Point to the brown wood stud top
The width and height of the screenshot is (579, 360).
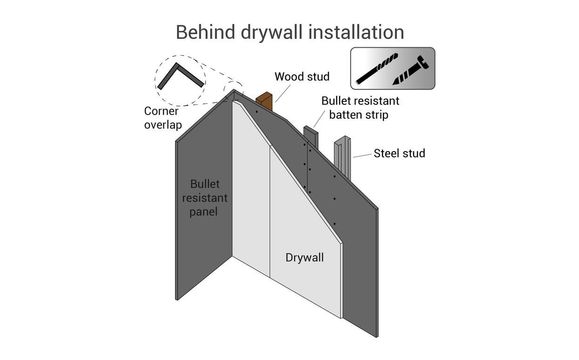click(265, 99)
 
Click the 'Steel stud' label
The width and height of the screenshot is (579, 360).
click(400, 154)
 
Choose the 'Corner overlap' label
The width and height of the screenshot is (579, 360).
click(156, 118)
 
